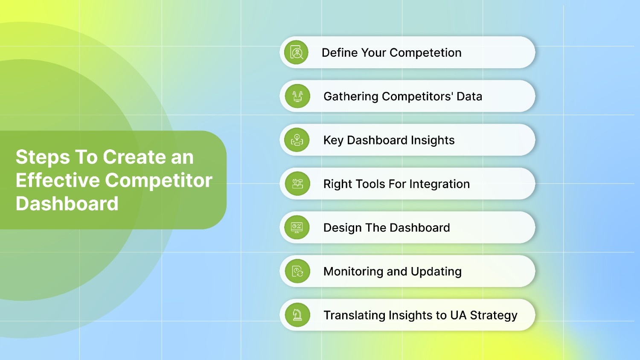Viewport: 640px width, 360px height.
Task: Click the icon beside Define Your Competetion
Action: [x=297, y=52]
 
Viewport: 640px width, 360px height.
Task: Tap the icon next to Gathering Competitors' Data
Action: [x=297, y=96]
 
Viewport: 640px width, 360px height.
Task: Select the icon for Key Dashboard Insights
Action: [x=297, y=140]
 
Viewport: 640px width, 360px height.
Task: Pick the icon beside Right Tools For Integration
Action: [x=297, y=184]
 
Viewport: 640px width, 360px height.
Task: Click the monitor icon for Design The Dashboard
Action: [x=297, y=227]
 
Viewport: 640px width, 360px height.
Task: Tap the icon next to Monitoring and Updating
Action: [x=297, y=271]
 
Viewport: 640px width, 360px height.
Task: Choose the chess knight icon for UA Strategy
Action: [x=297, y=315]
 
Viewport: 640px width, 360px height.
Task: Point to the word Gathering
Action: [x=351, y=96]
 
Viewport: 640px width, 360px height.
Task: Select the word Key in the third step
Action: [x=333, y=140]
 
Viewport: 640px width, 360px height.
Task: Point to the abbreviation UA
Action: [x=458, y=315]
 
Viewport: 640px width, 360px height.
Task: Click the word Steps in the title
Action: [x=43, y=157]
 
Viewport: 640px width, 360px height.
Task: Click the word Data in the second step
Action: [x=469, y=96]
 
